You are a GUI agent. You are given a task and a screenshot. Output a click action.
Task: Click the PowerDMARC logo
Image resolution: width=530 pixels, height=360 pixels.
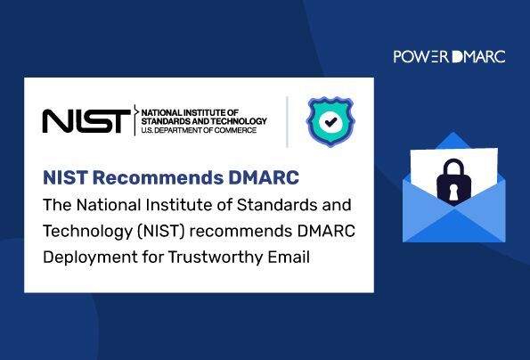tap(449, 56)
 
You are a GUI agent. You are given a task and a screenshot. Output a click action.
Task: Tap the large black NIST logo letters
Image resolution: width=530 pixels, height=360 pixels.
tap(86, 120)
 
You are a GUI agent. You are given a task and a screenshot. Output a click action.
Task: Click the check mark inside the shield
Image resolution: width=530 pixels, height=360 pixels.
tap(330, 121)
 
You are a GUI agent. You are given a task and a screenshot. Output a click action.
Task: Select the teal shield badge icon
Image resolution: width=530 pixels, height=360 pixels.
tap(330, 122)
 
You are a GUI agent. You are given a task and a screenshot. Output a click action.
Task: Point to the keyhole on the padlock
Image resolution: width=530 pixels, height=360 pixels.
tap(453, 192)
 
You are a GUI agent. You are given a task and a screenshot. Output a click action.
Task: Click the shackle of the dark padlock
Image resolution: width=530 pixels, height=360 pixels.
tap(453, 167)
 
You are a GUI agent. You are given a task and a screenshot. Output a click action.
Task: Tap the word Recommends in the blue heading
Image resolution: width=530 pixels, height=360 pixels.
tap(158, 178)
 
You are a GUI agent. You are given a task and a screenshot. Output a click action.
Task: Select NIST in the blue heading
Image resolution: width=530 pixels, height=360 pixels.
tap(65, 178)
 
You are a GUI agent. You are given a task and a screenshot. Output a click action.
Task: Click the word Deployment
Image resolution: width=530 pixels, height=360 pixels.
tap(90, 258)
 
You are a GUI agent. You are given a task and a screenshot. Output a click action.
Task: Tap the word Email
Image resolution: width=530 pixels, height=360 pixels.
tap(289, 257)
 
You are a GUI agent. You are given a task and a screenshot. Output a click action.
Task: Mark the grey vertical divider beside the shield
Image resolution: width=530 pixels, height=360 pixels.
tap(287, 122)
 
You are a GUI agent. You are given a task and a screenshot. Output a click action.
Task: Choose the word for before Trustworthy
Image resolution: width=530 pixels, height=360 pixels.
tap(153, 257)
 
